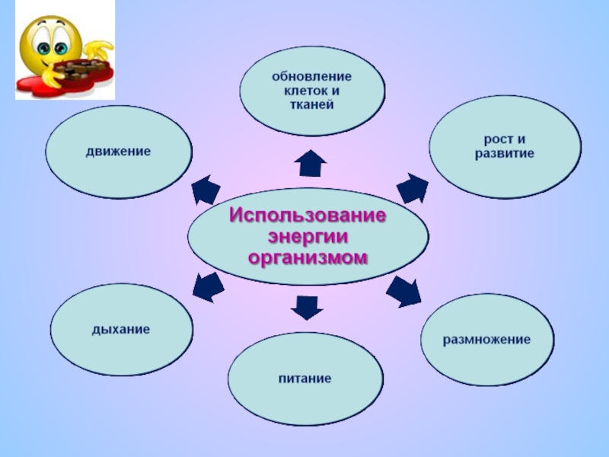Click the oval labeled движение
117,152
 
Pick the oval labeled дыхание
120,331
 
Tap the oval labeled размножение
487,339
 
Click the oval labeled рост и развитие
504,147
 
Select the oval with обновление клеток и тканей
312,91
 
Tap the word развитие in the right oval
504,154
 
